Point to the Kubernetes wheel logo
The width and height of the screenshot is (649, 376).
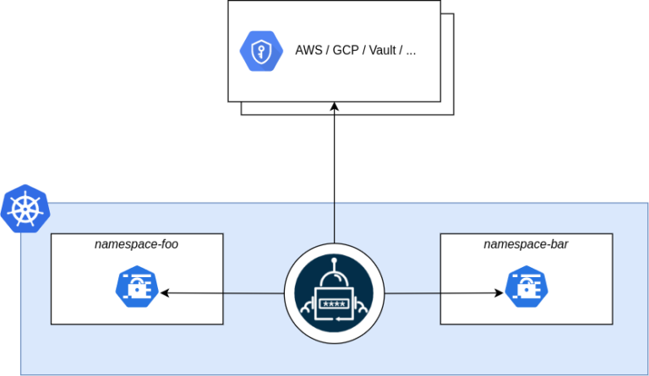click(25, 209)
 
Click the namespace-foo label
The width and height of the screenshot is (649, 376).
click(136, 244)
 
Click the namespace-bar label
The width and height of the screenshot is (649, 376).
click(526, 244)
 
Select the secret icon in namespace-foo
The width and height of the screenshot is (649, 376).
click(137, 286)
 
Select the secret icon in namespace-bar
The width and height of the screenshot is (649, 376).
click(526, 286)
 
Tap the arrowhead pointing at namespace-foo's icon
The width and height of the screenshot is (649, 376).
click(165, 293)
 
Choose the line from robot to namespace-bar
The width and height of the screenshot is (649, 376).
click(439, 293)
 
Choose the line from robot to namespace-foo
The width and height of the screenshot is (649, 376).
click(224, 293)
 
